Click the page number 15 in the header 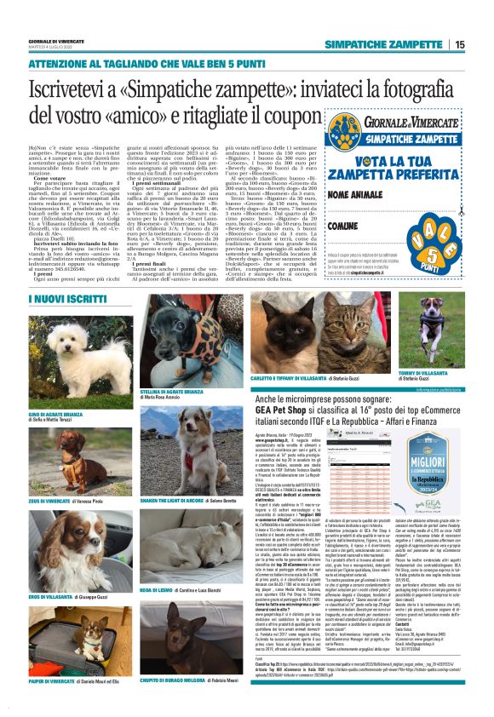(459, 45)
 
